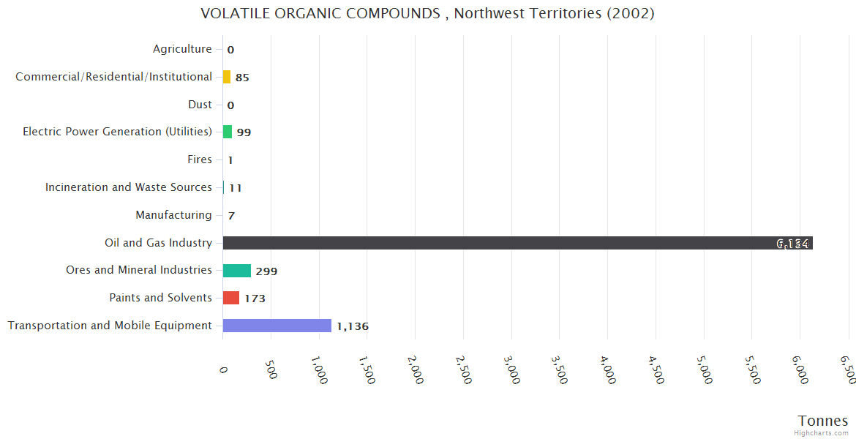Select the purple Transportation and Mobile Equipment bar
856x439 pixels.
(277, 326)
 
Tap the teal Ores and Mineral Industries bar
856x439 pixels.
(237, 271)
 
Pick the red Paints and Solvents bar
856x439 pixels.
(231, 298)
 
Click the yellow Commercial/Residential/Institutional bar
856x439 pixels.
(227, 77)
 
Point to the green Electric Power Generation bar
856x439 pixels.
(228, 132)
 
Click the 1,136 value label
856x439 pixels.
(353, 326)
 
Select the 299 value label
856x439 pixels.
(266, 271)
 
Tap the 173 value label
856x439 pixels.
(255, 299)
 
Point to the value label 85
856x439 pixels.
(242, 78)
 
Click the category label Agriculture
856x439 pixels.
(182, 49)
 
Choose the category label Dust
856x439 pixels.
(200, 105)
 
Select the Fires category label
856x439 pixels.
(200, 160)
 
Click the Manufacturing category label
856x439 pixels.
(173, 215)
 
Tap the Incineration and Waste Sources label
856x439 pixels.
(129, 187)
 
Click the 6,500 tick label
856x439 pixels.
(848, 370)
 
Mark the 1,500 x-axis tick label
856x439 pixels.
(367, 370)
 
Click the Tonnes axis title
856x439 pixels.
(822, 421)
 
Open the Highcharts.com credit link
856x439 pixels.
(822, 433)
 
